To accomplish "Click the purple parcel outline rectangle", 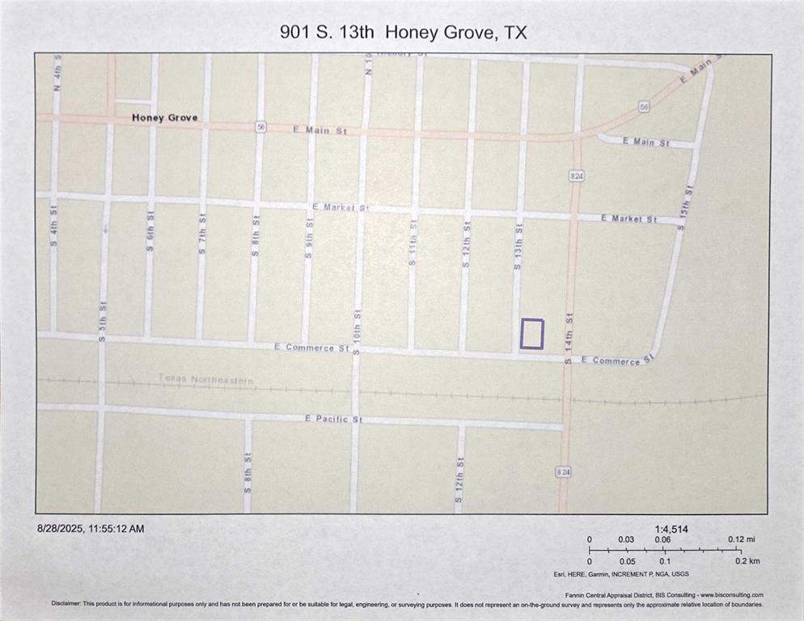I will (x=531, y=334).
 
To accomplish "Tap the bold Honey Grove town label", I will (x=164, y=118).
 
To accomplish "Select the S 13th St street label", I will (x=518, y=247).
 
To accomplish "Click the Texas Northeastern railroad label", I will (x=205, y=379).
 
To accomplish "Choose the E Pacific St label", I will (x=334, y=419).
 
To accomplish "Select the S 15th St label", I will (x=687, y=208).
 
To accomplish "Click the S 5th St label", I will (x=103, y=321).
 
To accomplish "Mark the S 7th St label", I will (x=203, y=234).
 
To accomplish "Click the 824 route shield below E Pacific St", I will (x=563, y=472).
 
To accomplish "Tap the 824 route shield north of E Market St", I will (x=576, y=175).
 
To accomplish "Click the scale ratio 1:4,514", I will (x=671, y=529).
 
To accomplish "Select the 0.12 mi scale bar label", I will (x=741, y=539).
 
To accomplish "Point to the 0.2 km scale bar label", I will (x=747, y=561).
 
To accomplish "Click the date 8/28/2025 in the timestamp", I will (x=62, y=529).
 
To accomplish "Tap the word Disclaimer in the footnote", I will (x=67, y=604).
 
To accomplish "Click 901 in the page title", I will (x=294, y=32).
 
